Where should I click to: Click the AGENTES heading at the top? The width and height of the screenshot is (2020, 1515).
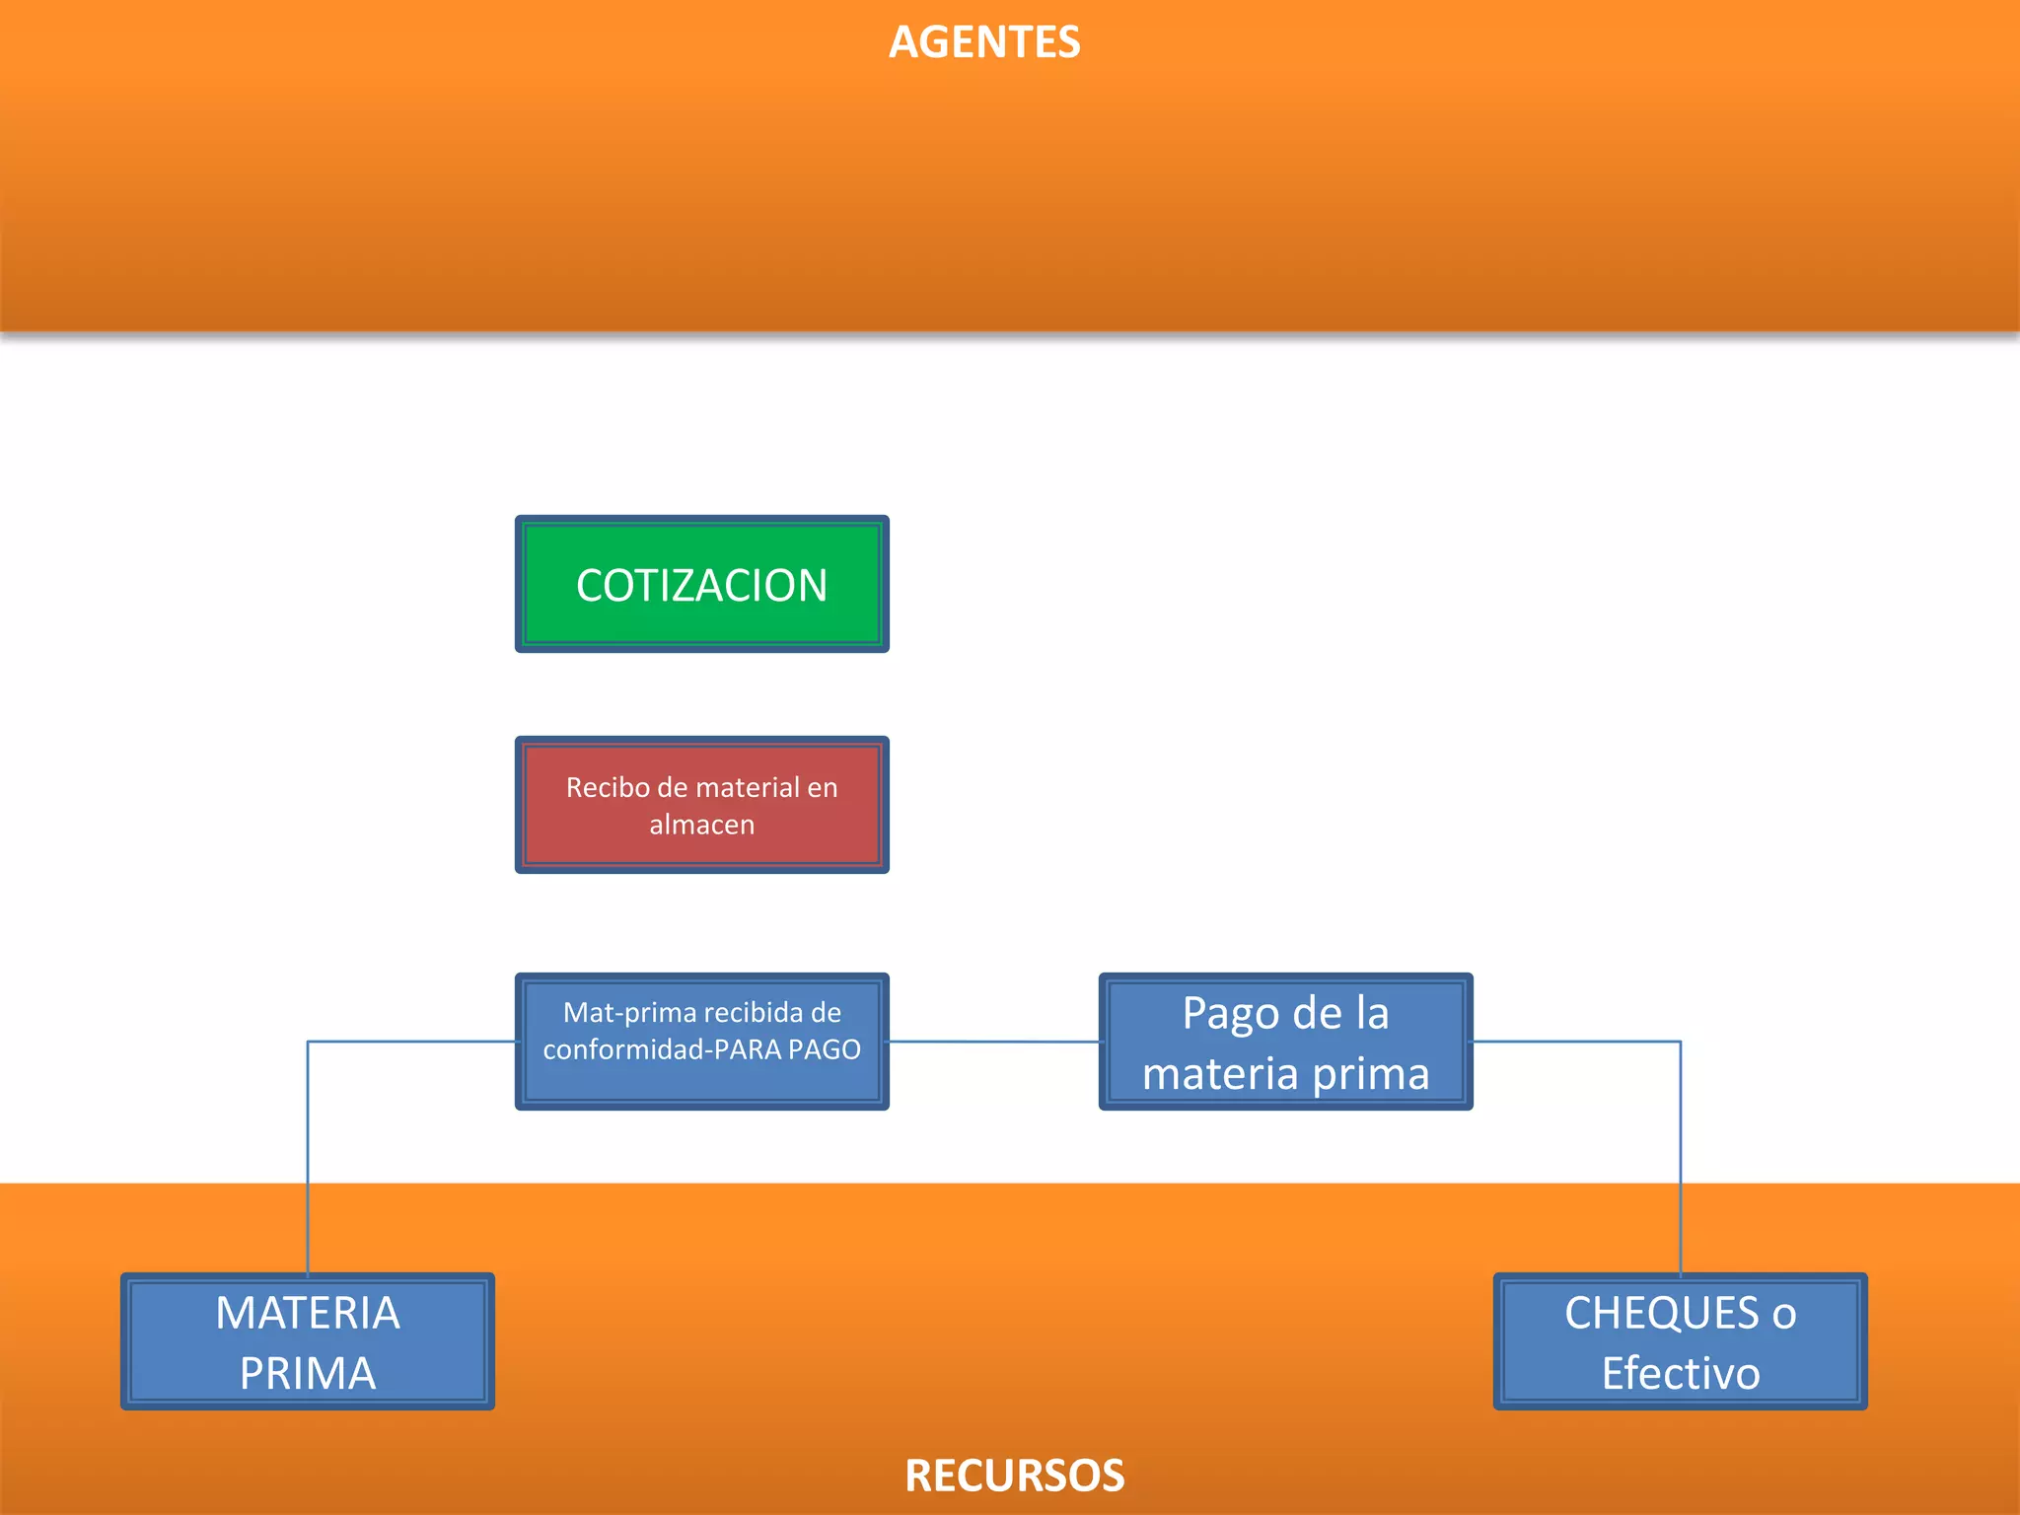click(984, 42)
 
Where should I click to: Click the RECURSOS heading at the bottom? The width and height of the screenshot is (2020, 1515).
click(1014, 1476)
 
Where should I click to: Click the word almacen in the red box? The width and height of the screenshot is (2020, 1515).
click(701, 825)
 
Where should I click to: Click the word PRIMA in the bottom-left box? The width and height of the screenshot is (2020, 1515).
click(308, 1374)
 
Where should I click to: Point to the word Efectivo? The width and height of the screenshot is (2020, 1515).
click(1681, 1374)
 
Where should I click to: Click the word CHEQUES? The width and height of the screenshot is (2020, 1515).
click(1661, 1314)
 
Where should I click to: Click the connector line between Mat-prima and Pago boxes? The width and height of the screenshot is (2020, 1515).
click(994, 1042)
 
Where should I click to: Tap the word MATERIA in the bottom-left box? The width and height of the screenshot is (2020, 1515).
click(308, 1314)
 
